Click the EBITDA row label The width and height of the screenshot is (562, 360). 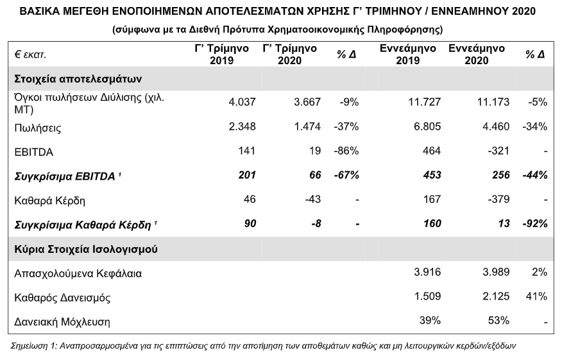pos(34,152)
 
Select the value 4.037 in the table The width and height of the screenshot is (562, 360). pos(243,102)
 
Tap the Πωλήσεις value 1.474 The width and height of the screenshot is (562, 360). pos(307,126)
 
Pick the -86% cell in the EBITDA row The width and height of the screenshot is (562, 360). pos(346,151)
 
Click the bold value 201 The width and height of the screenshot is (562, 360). pos(247,175)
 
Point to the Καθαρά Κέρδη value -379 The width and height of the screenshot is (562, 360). pos(498,199)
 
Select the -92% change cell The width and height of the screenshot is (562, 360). pos(535,223)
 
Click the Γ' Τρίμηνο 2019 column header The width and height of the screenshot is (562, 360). pos(221,54)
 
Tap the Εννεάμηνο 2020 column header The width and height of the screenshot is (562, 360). pos(476,54)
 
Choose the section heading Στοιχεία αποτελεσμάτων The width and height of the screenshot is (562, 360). pos(78,79)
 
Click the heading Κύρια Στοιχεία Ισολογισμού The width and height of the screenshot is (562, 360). pos(86,249)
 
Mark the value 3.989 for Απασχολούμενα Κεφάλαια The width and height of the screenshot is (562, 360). pos(496,272)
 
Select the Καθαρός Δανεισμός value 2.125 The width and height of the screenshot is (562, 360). pos(496,296)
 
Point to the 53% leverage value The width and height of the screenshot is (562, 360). pos(498,320)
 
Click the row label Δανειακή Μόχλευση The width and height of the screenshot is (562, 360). pos(62,321)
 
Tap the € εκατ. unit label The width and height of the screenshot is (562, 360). pos(30,55)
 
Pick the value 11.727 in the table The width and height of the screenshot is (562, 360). pos(424,102)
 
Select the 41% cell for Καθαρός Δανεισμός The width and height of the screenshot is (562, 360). pos(536,296)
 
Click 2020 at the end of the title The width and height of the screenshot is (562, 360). pos(524,11)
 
